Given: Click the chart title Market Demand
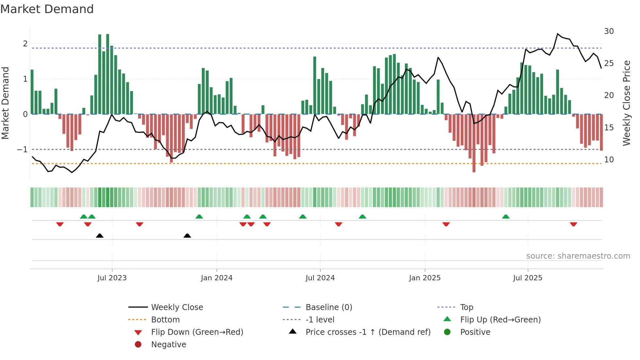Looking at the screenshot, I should click(47, 9).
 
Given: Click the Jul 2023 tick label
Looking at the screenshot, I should click(112, 278).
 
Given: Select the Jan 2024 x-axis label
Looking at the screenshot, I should click(216, 278).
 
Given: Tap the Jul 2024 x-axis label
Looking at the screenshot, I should click(320, 278).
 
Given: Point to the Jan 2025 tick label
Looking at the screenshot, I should click(424, 278).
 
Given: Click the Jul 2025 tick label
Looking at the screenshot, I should click(528, 278).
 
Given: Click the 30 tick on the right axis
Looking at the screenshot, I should click(609, 31).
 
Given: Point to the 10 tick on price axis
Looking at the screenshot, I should click(609, 160).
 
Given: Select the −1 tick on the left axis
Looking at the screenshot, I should click(23, 150).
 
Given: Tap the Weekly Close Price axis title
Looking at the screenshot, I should click(626, 103).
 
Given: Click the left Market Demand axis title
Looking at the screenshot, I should click(5, 103).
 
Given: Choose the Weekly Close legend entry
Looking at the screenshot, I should click(177, 307).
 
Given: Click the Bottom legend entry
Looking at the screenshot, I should click(165, 320).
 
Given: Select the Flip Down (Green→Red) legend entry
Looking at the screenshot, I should click(197, 332).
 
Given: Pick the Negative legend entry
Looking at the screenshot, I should click(168, 345).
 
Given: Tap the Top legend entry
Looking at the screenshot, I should click(466, 307).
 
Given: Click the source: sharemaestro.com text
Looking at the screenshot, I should click(578, 256).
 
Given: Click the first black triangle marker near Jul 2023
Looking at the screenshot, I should click(100, 236).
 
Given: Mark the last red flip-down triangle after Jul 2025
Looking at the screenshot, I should click(573, 224).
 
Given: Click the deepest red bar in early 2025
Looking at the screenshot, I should click(474, 144).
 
